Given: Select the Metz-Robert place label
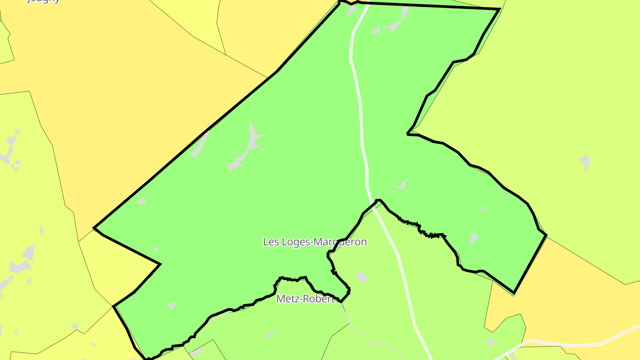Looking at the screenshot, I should tap(305, 299).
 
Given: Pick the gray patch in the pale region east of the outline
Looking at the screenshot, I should tap(585, 162).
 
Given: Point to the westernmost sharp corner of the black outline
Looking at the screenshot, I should tap(94, 228).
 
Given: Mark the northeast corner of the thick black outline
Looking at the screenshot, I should tap(500, 9).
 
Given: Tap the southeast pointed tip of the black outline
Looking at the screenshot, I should tap(514, 293).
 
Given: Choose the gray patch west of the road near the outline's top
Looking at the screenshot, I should tap(352, 11).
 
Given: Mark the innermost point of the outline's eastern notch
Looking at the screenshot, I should tap(408, 133).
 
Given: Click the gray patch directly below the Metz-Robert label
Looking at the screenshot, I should tap(269, 334).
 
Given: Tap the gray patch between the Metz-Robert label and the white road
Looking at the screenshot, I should tap(362, 276).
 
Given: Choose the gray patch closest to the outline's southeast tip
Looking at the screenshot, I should tap(474, 239).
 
